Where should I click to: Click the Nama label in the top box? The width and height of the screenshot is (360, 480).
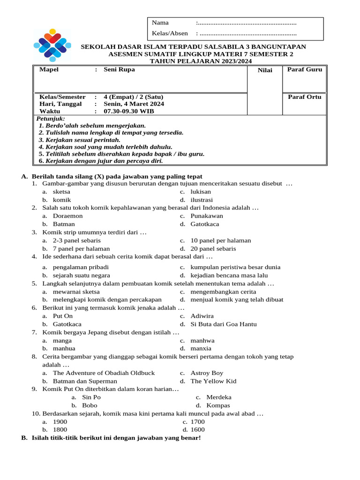[x=160, y=22]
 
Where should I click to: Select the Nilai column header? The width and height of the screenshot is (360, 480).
[x=265, y=70]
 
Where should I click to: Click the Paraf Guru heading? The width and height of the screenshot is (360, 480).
[x=304, y=70]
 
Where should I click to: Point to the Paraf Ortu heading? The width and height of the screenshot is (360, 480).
[x=304, y=97]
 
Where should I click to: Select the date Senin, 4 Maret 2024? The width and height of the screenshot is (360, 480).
[x=134, y=104]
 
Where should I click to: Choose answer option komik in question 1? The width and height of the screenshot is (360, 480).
[x=62, y=200]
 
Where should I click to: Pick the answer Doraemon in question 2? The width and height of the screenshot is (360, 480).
[x=67, y=216]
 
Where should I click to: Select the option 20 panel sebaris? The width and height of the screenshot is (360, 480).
[x=213, y=249]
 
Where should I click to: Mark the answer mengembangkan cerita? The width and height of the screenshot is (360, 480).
[x=223, y=292]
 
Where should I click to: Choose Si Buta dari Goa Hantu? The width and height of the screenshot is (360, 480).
[x=223, y=324]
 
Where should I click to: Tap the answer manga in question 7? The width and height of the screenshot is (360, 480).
[x=62, y=341]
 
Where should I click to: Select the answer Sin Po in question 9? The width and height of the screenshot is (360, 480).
[x=91, y=397]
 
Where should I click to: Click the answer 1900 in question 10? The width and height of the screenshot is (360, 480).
[x=60, y=422]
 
